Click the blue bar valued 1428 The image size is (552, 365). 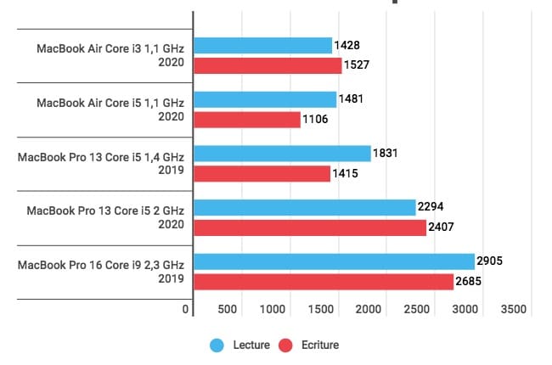(262, 46)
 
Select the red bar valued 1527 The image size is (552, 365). (268, 65)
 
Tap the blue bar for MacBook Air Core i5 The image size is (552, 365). (265, 99)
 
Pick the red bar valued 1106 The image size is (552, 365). (247, 120)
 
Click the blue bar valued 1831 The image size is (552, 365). (282, 154)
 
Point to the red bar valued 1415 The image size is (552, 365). (262, 173)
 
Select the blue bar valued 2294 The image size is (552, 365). (304, 207)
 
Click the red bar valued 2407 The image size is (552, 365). (310, 227)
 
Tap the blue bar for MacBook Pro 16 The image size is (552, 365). (334, 261)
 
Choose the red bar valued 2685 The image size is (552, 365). (324, 281)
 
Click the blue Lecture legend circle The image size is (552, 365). (217, 345)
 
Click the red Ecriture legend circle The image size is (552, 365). (286, 345)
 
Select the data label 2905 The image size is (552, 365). (491, 261)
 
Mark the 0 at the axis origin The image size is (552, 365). (186, 310)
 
